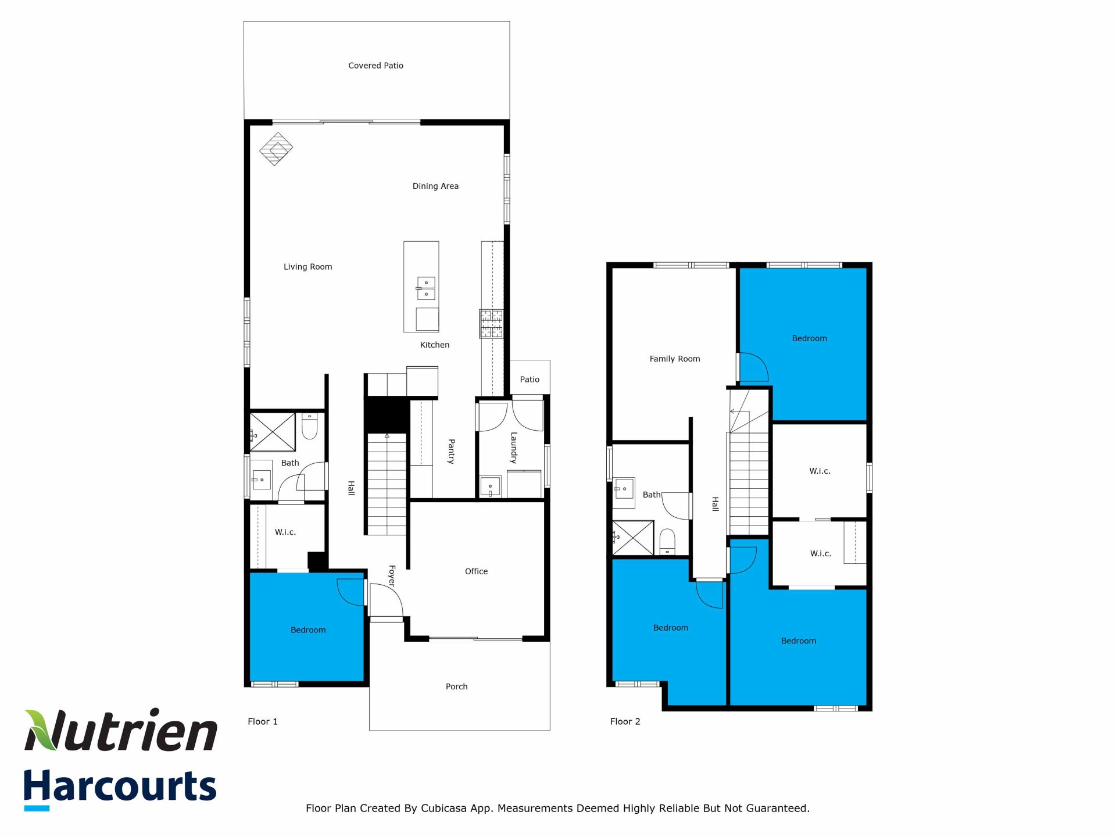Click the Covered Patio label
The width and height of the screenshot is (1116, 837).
pyautogui.click(x=375, y=66)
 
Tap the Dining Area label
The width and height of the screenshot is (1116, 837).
pyautogui.click(x=435, y=186)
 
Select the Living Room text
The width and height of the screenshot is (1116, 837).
pyautogui.click(x=307, y=267)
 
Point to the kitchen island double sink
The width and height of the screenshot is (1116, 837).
pyautogui.click(x=426, y=288)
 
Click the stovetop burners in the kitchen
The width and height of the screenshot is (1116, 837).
pyautogui.click(x=491, y=324)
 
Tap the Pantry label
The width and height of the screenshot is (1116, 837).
pyautogui.click(x=451, y=451)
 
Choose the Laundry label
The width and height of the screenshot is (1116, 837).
pyautogui.click(x=514, y=448)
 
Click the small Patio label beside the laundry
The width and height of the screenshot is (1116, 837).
pyautogui.click(x=530, y=380)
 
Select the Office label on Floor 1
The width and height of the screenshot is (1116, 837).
pyautogui.click(x=476, y=571)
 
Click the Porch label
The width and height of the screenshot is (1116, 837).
pyautogui.click(x=456, y=686)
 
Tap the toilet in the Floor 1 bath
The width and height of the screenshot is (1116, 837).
pyautogui.click(x=309, y=426)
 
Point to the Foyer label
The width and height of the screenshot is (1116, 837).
pyautogui.click(x=392, y=576)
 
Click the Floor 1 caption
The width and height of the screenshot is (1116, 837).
pyautogui.click(x=263, y=721)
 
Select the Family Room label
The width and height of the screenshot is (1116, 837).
pyautogui.click(x=674, y=359)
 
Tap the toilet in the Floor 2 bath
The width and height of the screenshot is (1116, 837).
pyautogui.click(x=667, y=542)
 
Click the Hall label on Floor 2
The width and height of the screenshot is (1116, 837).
pyautogui.click(x=716, y=504)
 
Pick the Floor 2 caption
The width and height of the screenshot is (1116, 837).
pyautogui.click(x=625, y=721)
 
